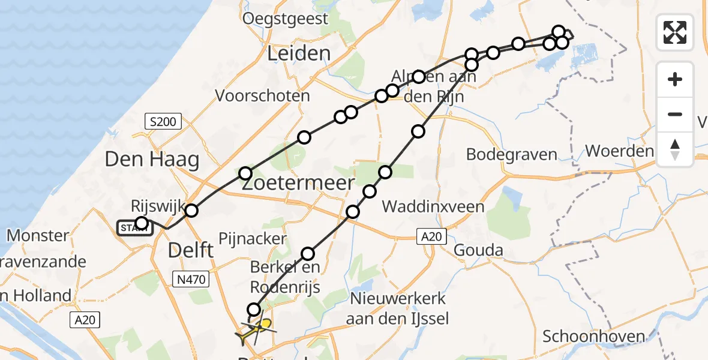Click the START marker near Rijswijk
click(x=134, y=228)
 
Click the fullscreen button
click(x=675, y=32)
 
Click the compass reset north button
click(x=675, y=149)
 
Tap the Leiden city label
click(x=299, y=53)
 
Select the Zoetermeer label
click(x=298, y=184)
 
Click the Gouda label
click(x=479, y=250)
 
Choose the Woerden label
click(x=619, y=151)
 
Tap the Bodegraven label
click(x=512, y=154)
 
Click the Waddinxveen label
click(x=433, y=207)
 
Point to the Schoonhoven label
click(x=594, y=337)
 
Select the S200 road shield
click(x=163, y=122)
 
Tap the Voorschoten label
click(x=262, y=95)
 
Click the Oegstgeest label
click(x=286, y=19)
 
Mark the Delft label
click(x=191, y=250)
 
